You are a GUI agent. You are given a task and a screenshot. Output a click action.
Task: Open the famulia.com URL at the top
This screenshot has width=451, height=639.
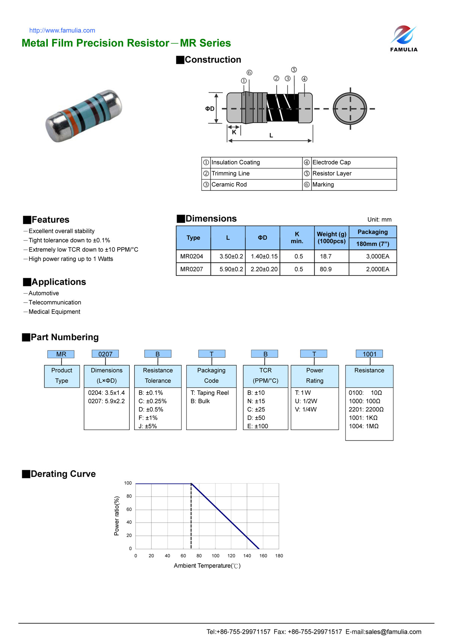[x=62, y=30]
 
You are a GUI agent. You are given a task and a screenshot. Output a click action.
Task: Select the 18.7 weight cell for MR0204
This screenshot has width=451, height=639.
[x=325, y=256]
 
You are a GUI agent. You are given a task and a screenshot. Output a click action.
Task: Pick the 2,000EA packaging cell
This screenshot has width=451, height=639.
[x=377, y=269]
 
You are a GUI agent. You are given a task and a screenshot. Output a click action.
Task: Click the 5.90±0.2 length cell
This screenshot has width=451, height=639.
[x=231, y=269]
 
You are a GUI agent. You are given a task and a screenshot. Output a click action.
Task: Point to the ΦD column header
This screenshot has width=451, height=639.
[x=262, y=238]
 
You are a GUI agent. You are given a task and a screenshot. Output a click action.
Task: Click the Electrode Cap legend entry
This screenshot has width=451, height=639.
[x=331, y=162]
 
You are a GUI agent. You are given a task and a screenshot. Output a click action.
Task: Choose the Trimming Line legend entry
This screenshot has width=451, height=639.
[x=230, y=173]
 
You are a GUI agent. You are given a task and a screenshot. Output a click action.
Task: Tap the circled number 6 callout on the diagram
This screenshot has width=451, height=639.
[x=249, y=73]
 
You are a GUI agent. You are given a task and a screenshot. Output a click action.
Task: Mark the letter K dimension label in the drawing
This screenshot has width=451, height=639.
[x=234, y=132]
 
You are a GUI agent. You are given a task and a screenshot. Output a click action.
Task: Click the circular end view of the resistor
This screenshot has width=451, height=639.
[x=350, y=109]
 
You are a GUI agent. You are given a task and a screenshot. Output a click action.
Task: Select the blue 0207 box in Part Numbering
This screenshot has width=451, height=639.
[x=105, y=354]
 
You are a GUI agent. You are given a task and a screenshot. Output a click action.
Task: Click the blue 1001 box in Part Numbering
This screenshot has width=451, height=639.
[x=369, y=354]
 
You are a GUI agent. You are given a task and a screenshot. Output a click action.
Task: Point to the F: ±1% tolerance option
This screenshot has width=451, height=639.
[x=148, y=418]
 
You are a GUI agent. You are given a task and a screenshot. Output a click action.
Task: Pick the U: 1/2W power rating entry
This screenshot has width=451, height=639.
[x=306, y=401]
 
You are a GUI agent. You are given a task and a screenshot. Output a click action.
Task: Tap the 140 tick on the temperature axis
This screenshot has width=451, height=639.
[x=247, y=556]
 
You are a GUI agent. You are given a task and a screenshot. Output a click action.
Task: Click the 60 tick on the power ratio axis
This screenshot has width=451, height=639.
[x=129, y=509]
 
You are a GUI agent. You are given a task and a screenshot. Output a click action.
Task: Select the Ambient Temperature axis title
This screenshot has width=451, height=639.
[x=207, y=566]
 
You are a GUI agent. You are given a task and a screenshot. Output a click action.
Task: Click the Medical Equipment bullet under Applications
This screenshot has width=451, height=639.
[x=54, y=312]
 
